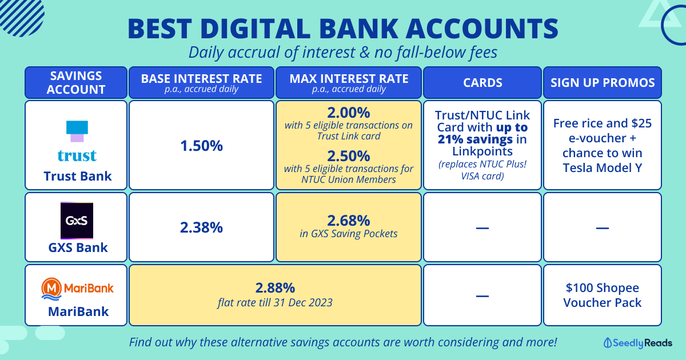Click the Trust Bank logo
77,141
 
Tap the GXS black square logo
77,221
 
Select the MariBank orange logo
78,289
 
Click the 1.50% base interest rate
201,146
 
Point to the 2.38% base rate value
201,227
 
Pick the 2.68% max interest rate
349,221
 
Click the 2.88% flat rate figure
275,288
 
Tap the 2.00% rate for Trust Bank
349,113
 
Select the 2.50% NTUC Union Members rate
349,156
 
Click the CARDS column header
482,83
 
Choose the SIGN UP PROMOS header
603,83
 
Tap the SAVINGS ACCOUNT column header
76,83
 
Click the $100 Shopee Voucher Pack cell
603,295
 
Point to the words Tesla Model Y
603,168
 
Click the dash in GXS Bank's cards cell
482,228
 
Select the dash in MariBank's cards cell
482,296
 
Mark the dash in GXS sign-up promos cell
603,228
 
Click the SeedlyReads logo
638,343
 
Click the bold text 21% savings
475,139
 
